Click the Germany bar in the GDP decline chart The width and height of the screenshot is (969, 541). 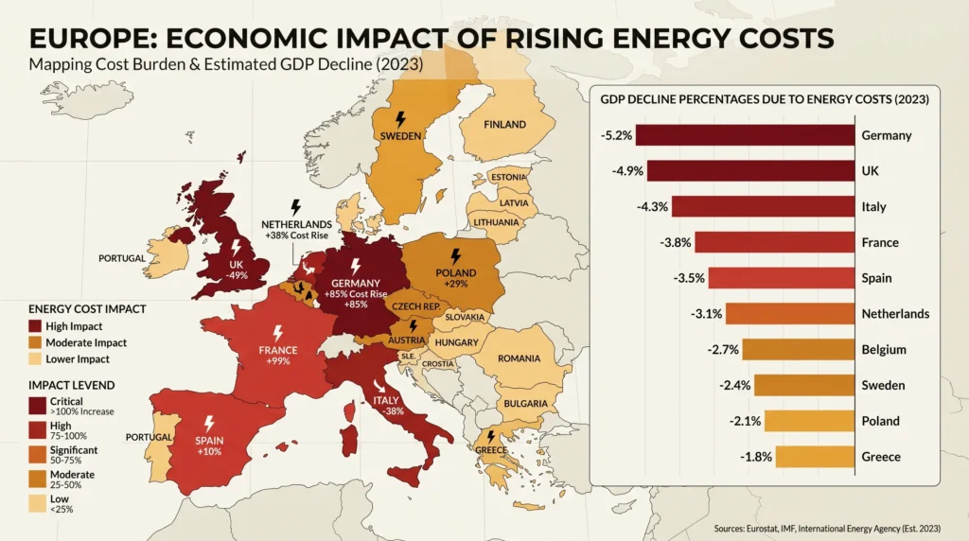point(744,134)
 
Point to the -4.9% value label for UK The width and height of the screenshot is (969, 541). point(627,171)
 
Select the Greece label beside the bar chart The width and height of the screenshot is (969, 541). point(880,457)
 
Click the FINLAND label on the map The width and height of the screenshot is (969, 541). point(504,125)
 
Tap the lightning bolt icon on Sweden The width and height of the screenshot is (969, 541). point(399,120)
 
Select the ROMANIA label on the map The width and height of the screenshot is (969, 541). point(519,358)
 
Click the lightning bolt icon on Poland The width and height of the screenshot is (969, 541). point(456,256)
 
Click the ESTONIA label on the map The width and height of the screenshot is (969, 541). point(508,178)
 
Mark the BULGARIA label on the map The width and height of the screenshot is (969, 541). point(525,404)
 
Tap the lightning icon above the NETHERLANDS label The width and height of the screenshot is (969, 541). point(295,206)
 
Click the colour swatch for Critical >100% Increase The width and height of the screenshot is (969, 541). point(38,406)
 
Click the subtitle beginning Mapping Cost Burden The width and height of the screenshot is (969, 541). point(225,65)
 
